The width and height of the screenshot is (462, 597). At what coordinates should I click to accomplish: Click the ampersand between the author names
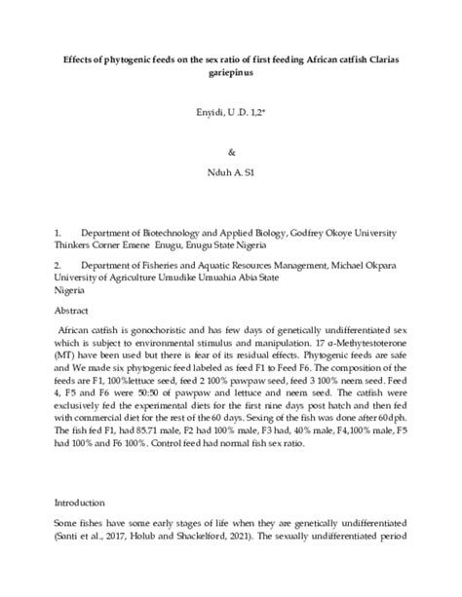tap(230, 153)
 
